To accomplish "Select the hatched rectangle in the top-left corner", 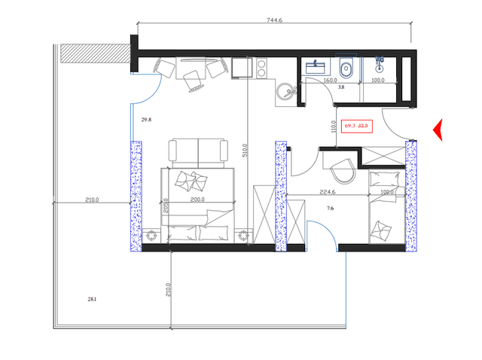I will point(94,53).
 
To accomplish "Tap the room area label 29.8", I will point(147,119).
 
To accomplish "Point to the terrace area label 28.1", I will point(93,299).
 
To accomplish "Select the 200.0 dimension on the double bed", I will point(197,201).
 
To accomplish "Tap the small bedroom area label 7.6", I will point(330,208).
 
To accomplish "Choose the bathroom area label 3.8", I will point(341,87).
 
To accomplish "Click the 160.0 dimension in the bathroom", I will point(330,79).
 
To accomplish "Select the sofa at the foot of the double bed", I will point(198,150).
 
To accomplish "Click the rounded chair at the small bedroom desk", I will point(343,170).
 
